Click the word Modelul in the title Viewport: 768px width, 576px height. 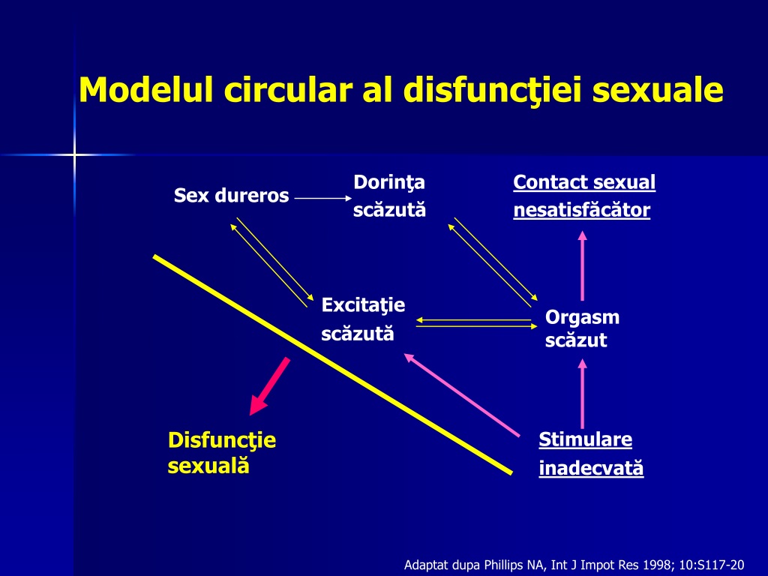coord(146,89)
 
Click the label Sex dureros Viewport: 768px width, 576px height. coord(231,196)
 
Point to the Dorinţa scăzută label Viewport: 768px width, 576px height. coord(389,196)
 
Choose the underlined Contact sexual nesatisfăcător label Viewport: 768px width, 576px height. coord(583,196)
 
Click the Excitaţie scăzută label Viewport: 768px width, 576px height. coord(363,319)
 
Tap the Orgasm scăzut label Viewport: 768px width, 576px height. coord(582,328)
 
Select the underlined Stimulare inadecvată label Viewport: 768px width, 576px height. coord(591,454)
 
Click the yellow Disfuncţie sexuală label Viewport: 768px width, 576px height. coord(221,452)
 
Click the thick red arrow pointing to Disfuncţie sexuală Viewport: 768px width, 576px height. coord(269,386)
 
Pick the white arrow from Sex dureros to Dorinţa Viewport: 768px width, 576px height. coord(323,198)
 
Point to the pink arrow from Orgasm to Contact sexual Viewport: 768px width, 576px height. coord(582,266)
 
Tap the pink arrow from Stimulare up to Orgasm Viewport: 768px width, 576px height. coord(582,394)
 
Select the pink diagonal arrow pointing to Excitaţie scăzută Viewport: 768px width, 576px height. coord(461,394)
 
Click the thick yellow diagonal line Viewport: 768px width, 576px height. coord(332,364)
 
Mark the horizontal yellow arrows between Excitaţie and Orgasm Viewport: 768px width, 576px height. coord(476,323)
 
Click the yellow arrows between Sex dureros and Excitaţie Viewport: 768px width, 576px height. coord(271,262)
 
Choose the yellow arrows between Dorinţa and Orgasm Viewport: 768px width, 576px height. coord(493,262)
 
